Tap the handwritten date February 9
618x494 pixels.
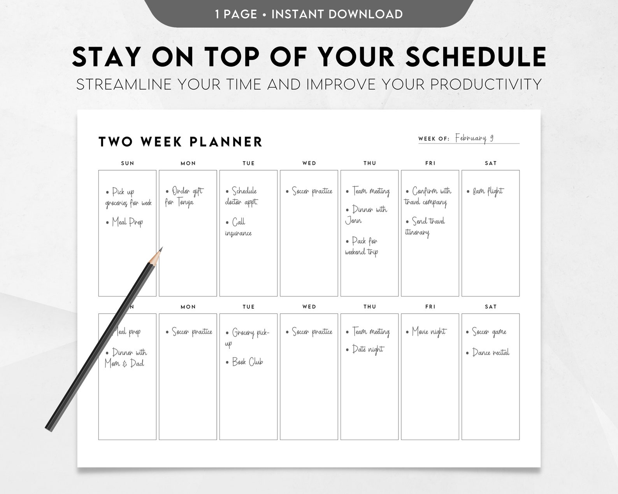point(474,138)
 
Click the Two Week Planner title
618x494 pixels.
point(181,142)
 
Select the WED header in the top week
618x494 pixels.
point(309,163)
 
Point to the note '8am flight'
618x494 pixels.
point(488,191)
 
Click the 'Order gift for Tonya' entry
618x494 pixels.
point(184,196)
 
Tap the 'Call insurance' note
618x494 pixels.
point(238,228)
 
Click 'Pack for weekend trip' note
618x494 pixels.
point(362,246)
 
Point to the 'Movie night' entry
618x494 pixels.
point(429,332)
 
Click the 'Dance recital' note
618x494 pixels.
point(490,353)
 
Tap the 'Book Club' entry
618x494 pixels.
point(248,362)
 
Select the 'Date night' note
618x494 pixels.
point(367,349)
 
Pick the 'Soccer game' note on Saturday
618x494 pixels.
point(489,332)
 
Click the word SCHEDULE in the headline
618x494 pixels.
point(476,57)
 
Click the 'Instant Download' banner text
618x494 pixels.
point(337,14)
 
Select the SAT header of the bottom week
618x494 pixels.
point(490,307)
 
